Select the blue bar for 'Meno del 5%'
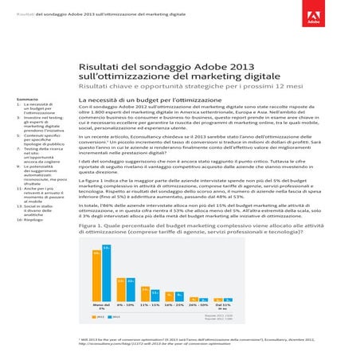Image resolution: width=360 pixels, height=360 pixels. [x=106, y=273]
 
